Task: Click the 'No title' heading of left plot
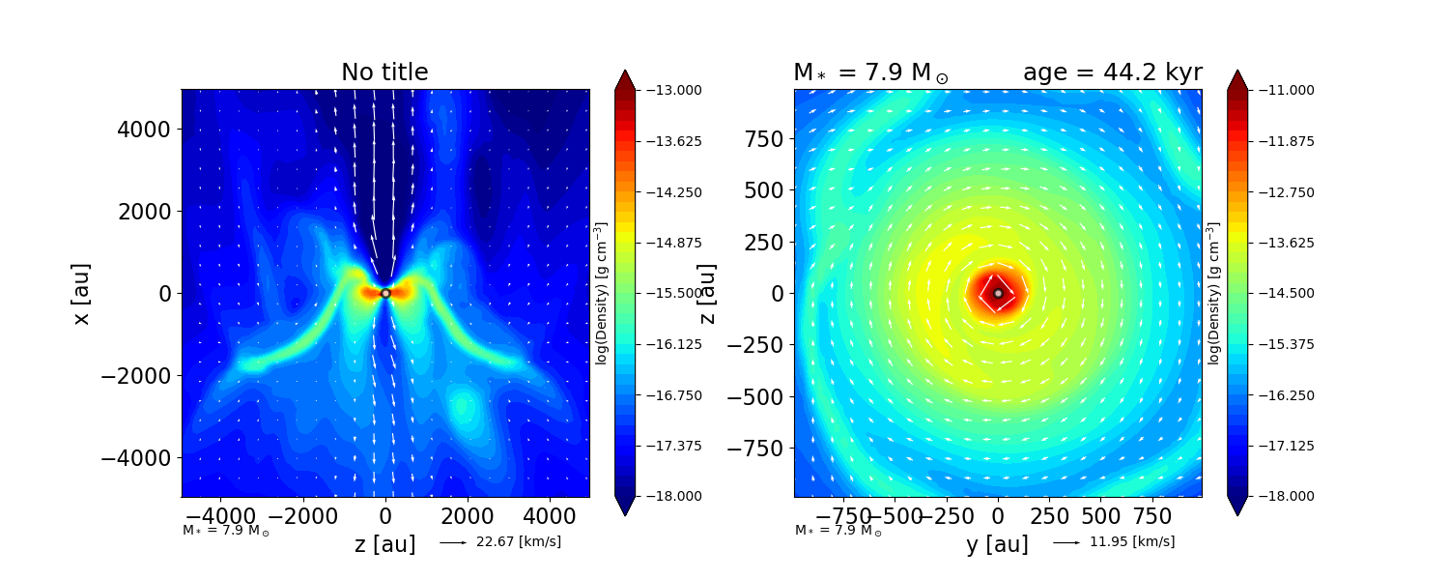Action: coord(384,72)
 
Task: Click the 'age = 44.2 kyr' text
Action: coord(1112,72)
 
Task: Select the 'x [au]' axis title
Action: coord(81,293)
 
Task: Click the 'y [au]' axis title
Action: coord(997,544)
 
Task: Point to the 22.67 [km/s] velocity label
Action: coord(519,542)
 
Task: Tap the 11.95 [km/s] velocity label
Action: coord(1132,542)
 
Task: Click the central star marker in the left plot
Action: coord(385,293)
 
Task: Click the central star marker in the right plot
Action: coord(998,293)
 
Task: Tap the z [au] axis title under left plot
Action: coord(384,544)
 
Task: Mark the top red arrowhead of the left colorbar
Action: coord(624,79)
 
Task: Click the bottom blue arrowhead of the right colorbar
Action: coord(1237,507)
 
